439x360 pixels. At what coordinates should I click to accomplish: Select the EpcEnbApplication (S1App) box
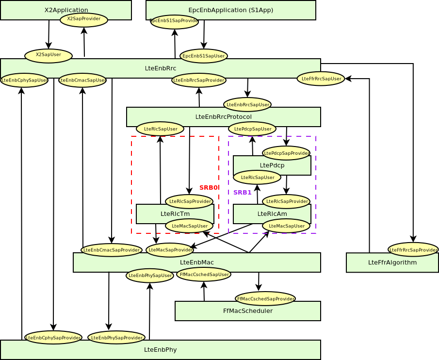coord(230,10)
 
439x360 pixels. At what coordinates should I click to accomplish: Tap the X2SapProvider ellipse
coord(84,19)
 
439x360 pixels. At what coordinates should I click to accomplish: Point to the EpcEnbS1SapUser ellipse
coord(204,56)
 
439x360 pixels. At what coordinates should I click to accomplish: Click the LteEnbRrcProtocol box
coord(223,116)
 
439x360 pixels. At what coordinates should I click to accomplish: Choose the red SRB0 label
coord(209,188)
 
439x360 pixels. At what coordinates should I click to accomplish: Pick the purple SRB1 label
coord(243,193)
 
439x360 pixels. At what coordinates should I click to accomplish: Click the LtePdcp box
coord(272,165)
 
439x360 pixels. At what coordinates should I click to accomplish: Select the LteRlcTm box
coord(175,213)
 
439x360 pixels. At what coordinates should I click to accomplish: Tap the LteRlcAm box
coord(272,213)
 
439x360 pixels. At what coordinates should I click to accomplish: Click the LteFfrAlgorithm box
coord(392,262)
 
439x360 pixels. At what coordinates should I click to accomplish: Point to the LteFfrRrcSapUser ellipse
coord(321,79)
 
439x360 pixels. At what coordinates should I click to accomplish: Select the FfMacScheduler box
coord(247,311)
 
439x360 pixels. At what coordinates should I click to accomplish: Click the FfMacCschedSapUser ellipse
coord(204,274)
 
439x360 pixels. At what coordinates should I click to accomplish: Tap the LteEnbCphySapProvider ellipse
coord(53,337)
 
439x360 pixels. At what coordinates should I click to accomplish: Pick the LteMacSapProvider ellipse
coord(170,250)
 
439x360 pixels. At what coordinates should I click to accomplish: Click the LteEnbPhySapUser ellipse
coord(150,276)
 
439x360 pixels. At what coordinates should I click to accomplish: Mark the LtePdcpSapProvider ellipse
coord(286,153)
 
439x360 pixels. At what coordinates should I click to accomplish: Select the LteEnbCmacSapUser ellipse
coord(82,80)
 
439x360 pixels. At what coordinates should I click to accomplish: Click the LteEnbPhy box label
coord(160,349)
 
